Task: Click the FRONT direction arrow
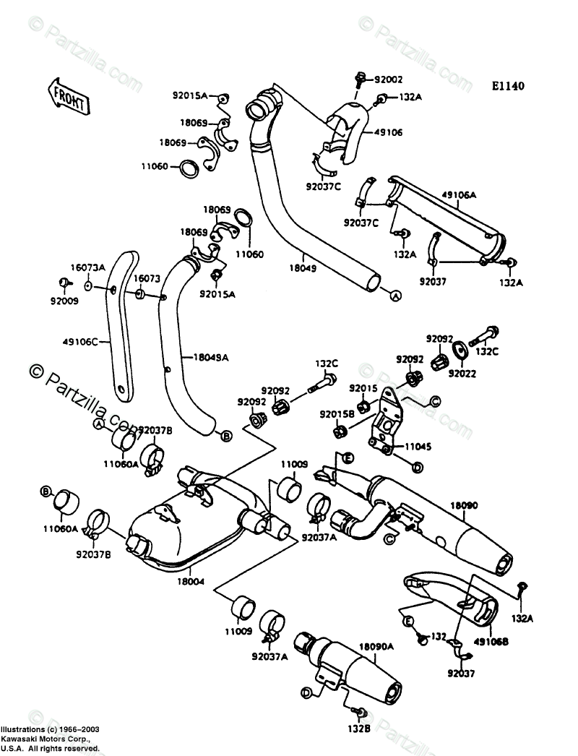[x=69, y=96]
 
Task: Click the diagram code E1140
[x=508, y=86]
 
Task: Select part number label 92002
[x=388, y=80]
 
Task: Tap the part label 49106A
[x=459, y=195]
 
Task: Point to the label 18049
[x=303, y=268]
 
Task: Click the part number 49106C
[x=80, y=343]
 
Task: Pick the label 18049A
[x=210, y=357]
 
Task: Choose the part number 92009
[x=64, y=301]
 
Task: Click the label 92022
[x=462, y=373]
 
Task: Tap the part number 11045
[x=418, y=447]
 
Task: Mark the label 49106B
[x=491, y=643]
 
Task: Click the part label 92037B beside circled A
[x=155, y=430]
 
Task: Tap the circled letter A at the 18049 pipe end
[x=394, y=296]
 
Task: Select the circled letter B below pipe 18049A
[x=226, y=436]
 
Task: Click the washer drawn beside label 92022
[x=459, y=350]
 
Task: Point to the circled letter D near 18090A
[x=306, y=693]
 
